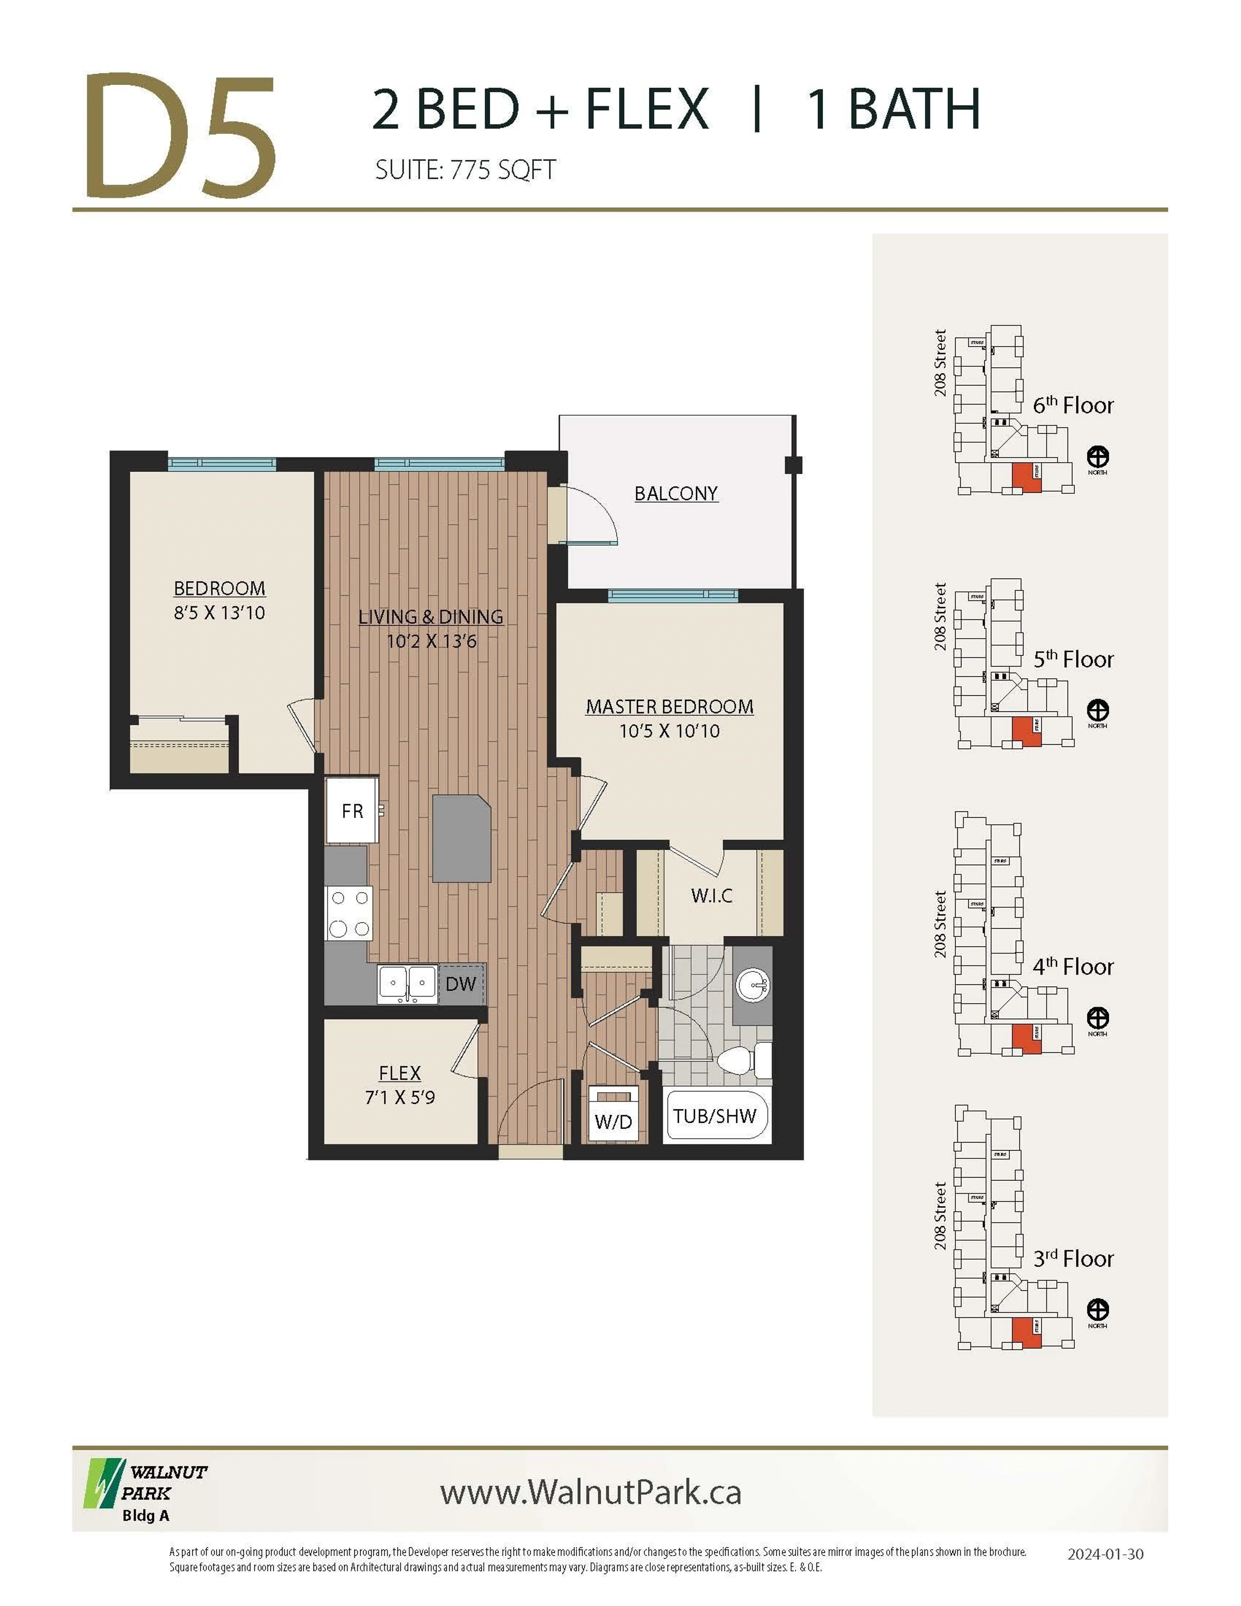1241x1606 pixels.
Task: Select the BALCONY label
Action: pos(676,494)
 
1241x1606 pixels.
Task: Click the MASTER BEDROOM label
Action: pos(669,707)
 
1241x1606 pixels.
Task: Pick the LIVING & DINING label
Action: pos(431,617)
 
